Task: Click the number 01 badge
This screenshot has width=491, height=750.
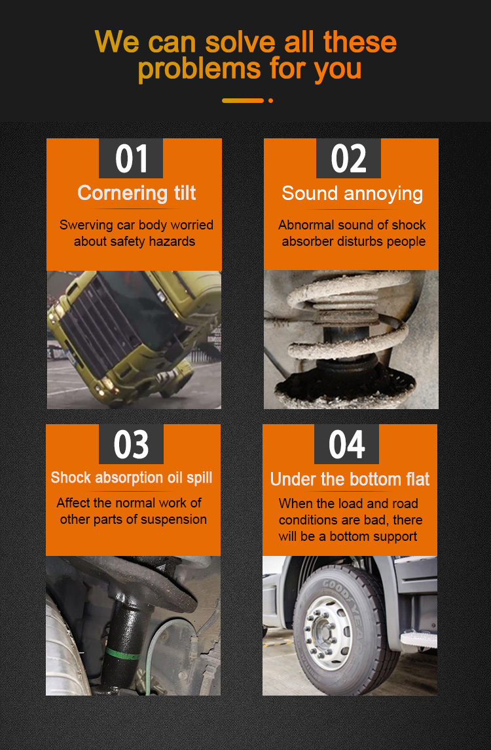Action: (x=131, y=158)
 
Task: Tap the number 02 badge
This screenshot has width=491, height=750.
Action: (x=348, y=158)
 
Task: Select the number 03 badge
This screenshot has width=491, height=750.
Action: (x=131, y=444)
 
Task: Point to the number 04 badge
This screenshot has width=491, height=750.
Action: (x=346, y=444)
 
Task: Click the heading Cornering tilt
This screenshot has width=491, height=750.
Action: (x=137, y=193)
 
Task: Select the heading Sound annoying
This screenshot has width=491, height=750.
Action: (x=352, y=193)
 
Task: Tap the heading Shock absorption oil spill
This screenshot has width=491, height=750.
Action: (x=132, y=477)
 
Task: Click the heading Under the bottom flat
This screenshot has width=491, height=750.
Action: (x=350, y=479)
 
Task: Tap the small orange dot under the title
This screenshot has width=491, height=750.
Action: (x=271, y=100)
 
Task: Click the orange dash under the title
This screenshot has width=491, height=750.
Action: (x=243, y=100)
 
